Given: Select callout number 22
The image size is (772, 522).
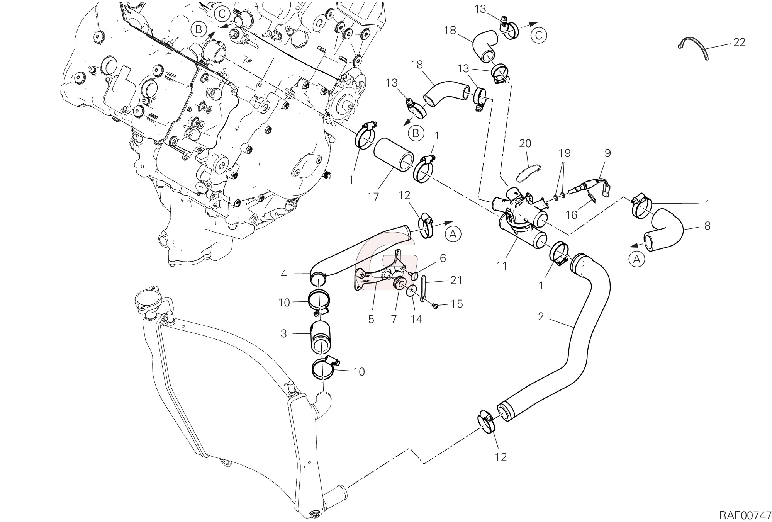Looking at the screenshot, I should [x=739, y=42].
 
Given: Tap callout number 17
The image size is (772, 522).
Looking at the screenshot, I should [x=373, y=197].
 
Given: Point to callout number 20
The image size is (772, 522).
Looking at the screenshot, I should [x=525, y=144].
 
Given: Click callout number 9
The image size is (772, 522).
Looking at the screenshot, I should [x=607, y=153].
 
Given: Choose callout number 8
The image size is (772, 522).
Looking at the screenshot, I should [x=707, y=226].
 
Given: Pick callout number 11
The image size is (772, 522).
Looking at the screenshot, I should [x=501, y=266].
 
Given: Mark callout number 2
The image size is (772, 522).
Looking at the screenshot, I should [x=541, y=317].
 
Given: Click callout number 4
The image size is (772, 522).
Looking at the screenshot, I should [x=284, y=274].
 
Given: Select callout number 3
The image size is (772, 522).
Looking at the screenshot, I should [x=284, y=333].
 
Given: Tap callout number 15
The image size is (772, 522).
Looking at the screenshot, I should [x=457, y=304].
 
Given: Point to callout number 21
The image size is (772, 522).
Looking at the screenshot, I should [x=456, y=280].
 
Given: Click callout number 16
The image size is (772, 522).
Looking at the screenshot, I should [x=571, y=214].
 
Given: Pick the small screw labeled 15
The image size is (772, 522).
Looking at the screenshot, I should [x=435, y=306].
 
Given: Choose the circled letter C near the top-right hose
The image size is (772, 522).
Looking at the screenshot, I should [x=539, y=36].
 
